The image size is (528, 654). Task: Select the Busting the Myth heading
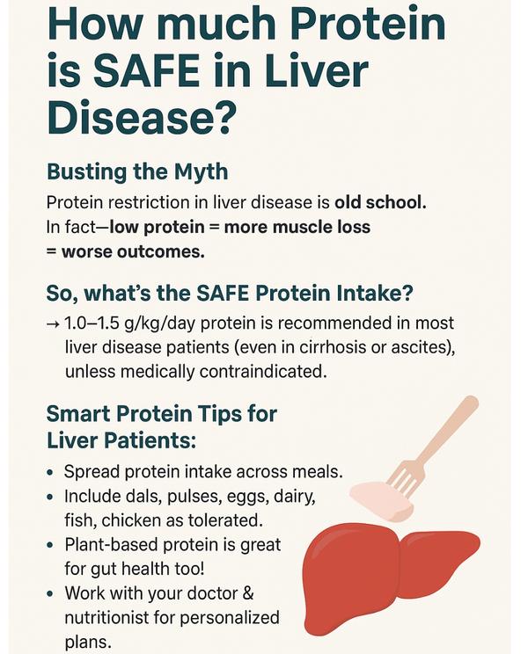click(137, 171)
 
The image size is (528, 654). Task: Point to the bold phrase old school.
click(380, 203)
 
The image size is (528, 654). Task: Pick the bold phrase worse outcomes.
click(133, 252)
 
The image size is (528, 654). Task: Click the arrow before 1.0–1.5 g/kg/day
click(54, 323)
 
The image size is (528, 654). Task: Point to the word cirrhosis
click(332, 347)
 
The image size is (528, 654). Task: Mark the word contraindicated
click(261, 371)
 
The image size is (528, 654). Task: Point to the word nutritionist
click(106, 618)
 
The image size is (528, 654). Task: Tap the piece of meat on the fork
click(381, 500)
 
